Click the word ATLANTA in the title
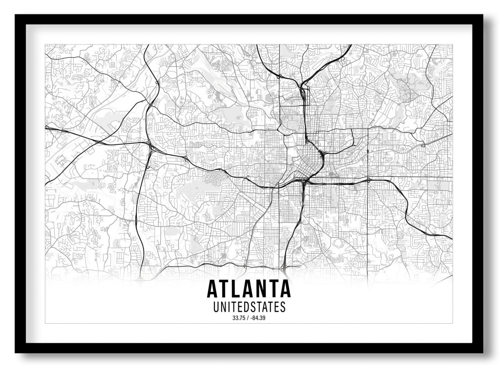coord(249,289)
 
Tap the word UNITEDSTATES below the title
coord(249,308)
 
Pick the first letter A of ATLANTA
coord(213,289)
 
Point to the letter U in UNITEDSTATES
coord(216,308)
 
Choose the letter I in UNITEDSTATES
coord(228,308)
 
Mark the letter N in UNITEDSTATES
coord(223,308)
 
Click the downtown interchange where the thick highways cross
coord(304,181)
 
